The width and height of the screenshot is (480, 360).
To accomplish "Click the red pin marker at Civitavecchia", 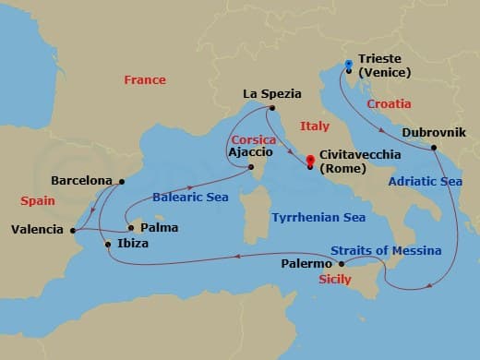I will (x=310, y=158).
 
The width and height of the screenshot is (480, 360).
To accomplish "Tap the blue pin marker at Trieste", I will (x=348, y=65).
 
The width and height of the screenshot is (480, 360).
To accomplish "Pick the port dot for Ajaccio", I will (x=251, y=167).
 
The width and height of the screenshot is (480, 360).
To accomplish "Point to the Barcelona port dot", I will (x=121, y=181).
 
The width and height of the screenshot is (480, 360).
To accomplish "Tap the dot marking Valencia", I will (x=73, y=229).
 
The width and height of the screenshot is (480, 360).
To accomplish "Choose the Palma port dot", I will (x=130, y=227).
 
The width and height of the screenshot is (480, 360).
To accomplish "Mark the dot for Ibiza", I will (x=109, y=244).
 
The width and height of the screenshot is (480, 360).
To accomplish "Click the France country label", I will (x=144, y=80).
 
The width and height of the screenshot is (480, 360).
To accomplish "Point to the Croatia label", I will (x=389, y=104).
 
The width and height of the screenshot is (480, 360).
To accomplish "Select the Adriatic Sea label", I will (x=425, y=182).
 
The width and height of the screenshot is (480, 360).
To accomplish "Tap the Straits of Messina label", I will (x=386, y=251).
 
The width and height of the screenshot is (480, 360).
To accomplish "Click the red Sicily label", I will (x=334, y=279).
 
